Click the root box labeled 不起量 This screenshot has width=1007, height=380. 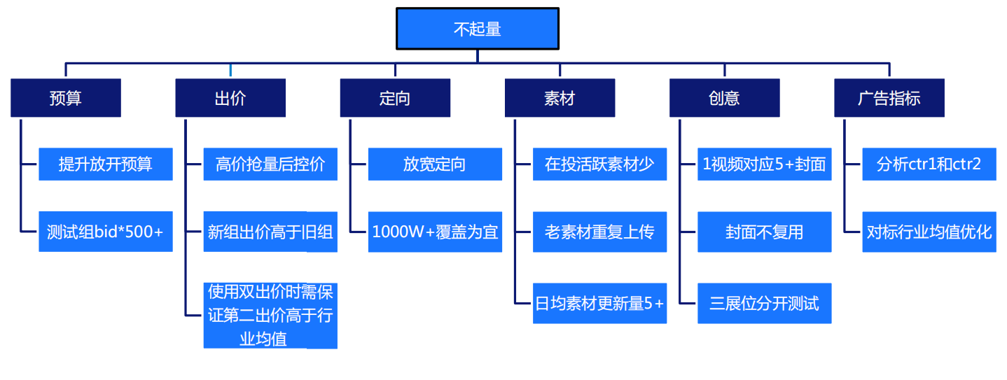point(478,29)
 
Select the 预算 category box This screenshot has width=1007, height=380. point(66,98)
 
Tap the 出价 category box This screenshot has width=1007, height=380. point(230,98)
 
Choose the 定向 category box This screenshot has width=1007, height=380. point(395,98)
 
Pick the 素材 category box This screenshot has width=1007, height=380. point(560,98)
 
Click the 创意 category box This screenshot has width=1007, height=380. point(724,98)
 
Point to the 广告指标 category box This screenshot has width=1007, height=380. point(889,98)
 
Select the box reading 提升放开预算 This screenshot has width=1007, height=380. point(106,164)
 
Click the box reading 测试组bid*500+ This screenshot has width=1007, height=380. point(106,232)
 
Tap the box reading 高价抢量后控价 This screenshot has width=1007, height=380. point(270,164)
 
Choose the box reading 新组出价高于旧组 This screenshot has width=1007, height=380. point(270,232)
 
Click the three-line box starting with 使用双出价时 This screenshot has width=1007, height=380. point(270,316)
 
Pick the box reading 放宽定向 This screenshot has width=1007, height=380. point(435,164)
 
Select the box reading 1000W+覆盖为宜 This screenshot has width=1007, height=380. point(435,232)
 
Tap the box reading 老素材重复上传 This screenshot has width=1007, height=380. point(599,232)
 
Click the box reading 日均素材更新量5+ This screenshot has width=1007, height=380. point(599,304)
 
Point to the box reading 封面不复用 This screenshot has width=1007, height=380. point(764,232)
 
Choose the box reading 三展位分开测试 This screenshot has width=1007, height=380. point(764,304)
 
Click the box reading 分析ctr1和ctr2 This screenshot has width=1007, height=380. point(929,164)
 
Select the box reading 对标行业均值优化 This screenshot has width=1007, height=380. point(929,232)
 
